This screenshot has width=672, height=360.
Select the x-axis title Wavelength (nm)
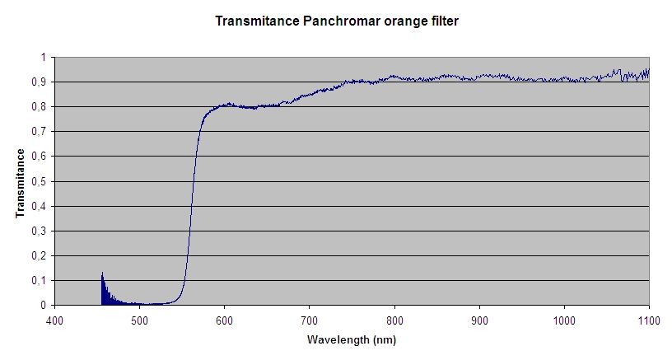click(x=352, y=339)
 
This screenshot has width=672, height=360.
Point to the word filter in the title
click(x=441, y=21)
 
